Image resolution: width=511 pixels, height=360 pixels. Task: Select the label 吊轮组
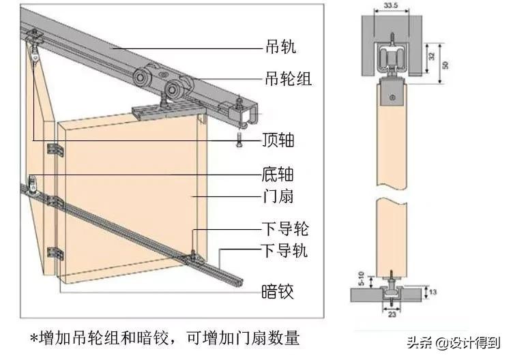(287, 79)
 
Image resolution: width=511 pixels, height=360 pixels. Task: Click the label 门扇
(278, 197)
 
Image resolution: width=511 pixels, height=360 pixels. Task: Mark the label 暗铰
(278, 292)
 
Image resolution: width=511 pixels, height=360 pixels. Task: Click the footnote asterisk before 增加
(35, 339)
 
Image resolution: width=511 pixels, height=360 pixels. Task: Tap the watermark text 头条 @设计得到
(454, 341)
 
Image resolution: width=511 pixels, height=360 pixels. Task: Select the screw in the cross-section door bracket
(392, 98)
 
